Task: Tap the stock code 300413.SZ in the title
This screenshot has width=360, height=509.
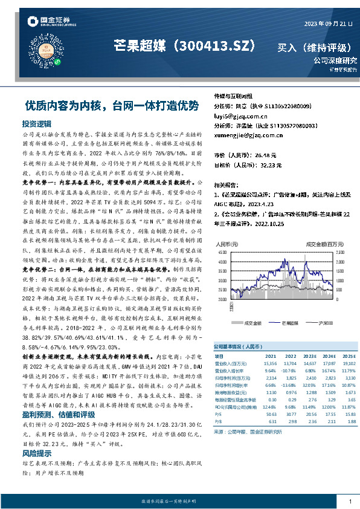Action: [213, 46]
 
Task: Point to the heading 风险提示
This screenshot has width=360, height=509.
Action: [37, 452]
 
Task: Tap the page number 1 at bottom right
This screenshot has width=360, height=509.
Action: [350, 502]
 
